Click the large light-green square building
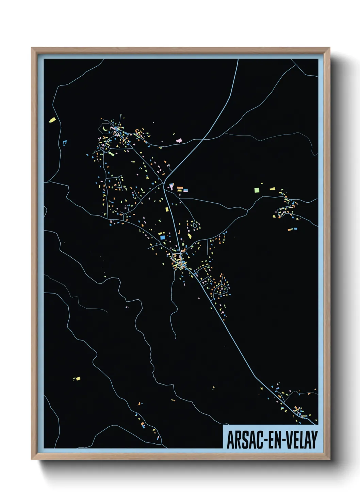257,189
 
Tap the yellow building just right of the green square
272,188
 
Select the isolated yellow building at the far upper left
52,120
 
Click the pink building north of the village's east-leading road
179,140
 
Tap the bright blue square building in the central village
163,237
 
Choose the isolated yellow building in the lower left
78,378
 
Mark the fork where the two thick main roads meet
165,184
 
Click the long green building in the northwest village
111,154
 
